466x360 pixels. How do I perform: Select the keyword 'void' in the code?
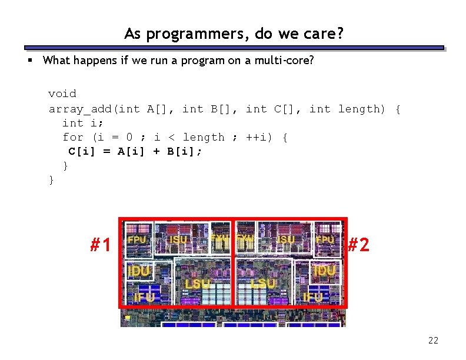pos(62,94)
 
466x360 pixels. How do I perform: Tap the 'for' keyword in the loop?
pos(73,137)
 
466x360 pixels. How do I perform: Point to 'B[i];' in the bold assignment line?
pos(185,151)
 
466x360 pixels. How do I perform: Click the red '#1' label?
pos(101,244)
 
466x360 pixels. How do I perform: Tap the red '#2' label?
pos(358,244)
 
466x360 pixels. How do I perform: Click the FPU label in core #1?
pos(137,240)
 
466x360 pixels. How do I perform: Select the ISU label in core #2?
pos(285,240)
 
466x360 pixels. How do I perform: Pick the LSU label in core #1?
pos(197,284)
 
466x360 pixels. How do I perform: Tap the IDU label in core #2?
pos(325,271)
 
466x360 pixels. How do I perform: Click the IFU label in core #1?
pos(144,298)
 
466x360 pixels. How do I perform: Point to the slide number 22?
pos(434,340)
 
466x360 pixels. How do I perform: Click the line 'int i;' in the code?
pos(83,123)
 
